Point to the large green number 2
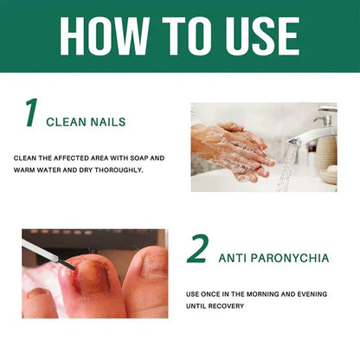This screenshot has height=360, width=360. point(198,249)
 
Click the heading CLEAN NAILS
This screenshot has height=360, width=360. point(86,122)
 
